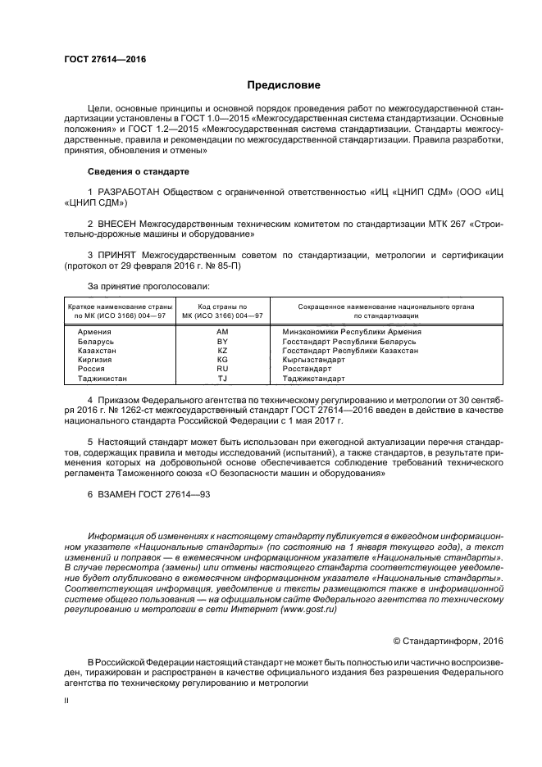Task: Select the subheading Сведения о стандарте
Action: (138, 172)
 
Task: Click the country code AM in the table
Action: (221, 331)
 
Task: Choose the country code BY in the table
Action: (221, 341)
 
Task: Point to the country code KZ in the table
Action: (221, 350)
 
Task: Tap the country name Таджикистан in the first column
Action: (102, 379)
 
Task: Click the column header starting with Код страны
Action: (221, 310)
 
